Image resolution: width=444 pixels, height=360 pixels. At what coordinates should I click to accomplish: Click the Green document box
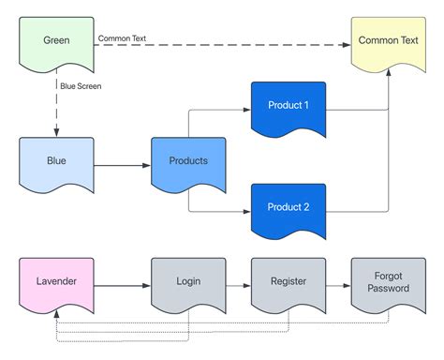point(56,42)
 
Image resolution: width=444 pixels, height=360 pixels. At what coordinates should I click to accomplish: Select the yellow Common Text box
point(388,42)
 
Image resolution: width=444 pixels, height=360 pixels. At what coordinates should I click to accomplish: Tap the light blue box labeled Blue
point(56,162)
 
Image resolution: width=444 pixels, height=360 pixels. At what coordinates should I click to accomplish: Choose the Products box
point(188,162)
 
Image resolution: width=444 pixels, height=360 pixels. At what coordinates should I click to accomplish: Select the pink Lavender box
point(56,282)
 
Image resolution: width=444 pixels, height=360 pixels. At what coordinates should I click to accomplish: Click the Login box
point(188,282)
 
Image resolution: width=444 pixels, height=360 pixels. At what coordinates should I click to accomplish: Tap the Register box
point(288,282)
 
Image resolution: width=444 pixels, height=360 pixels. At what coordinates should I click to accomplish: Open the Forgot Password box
point(388,282)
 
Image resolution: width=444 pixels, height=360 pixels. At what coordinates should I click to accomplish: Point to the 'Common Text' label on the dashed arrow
point(122,39)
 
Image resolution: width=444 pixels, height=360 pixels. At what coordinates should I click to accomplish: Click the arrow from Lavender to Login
point(122,283)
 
